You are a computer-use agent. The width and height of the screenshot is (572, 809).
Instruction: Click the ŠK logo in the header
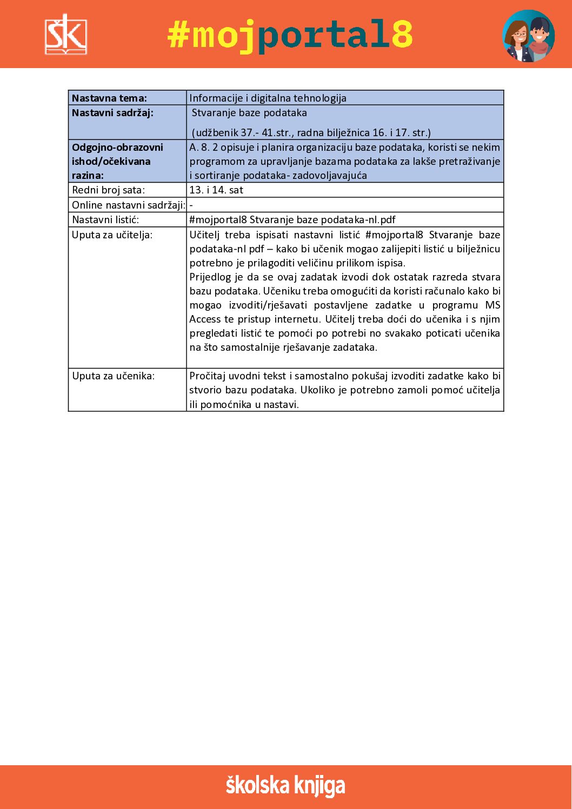(x=65, y=35)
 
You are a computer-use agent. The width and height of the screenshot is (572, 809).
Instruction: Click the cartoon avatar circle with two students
(x=528, y=36)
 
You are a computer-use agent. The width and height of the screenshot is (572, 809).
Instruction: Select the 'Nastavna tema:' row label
(x=109, y=98)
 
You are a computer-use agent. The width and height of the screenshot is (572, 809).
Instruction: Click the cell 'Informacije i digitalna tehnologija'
(x=268, y=98)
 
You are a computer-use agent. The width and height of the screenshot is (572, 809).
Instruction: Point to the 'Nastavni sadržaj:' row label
(x=112, y=113)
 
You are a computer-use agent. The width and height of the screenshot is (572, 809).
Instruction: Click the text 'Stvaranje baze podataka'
(x=249, y=113)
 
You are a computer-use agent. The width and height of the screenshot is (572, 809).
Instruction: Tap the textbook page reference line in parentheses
(x=311, y=132)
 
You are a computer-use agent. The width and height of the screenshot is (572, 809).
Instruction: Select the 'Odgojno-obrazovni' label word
(x=117, y=148)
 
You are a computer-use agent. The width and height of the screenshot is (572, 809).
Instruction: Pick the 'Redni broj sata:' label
(x=108, y=190)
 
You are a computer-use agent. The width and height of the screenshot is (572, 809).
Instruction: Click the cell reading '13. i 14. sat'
(x=216, y=190)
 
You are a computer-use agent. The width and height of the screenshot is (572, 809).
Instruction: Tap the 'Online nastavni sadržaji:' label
(x=129, y=205)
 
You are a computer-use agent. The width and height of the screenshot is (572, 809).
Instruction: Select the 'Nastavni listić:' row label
(x=105, y=220)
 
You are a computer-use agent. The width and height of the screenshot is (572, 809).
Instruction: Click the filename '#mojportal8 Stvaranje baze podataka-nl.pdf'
(x=292, y=220)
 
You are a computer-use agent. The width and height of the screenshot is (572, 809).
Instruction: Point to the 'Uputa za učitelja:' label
(x=112, y=235)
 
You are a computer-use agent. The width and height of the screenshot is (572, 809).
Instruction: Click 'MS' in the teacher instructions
(x=493, y=305)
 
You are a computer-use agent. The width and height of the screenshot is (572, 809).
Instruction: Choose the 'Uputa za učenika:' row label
(x=113, y=376)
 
